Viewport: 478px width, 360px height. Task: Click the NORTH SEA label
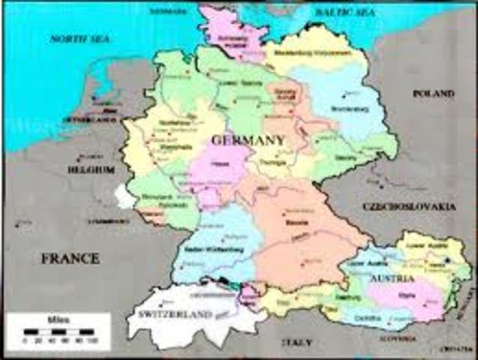click(x=79, y=37)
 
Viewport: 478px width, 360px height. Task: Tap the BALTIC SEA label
click(x=345, y=13)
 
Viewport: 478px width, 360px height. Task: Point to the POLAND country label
click(x=433, y=94)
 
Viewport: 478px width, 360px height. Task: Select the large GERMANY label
click(x=248, y=140)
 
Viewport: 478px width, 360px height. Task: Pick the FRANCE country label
click(x=70, y=259)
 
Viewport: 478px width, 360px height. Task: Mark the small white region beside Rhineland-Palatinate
click(x=124, y=196)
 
